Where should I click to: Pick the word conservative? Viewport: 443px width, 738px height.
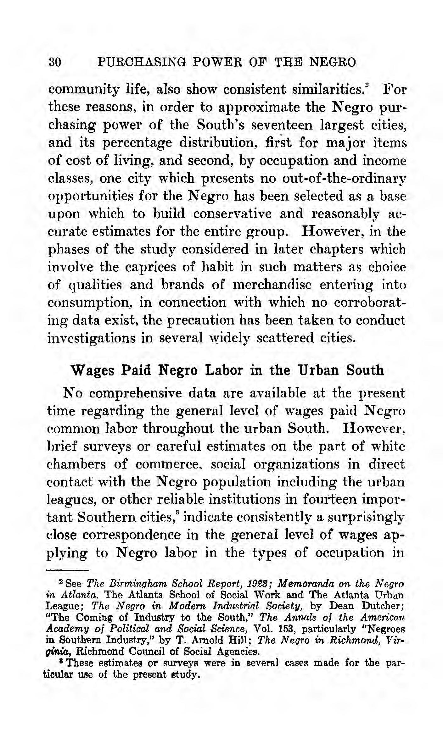233,214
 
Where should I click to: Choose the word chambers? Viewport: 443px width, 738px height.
76,464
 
